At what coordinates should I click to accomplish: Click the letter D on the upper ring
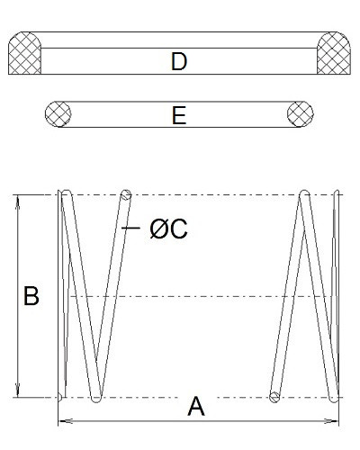(179, 61)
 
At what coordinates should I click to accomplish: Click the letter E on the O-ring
(179, 115)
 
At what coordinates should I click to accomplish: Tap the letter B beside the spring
(31, 296)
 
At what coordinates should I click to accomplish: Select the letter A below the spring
(196, 407)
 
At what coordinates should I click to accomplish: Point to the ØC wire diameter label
(168, 229)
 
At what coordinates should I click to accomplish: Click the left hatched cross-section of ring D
(24, 53)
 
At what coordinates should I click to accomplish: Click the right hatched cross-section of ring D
(334, 53)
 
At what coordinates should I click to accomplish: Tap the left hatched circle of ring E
(58, 114)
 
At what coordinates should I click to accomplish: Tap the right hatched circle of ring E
(301, 114)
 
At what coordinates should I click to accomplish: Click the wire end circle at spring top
(126, 195)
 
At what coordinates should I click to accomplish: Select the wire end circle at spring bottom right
(274, 397)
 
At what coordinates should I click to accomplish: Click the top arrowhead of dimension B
(18, 200)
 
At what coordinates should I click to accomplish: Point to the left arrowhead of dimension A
(64, 421)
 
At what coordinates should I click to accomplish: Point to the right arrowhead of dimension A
(332, 421)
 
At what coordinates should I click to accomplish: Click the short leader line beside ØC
(130, 228)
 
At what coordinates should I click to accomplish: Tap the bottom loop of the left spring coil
(96, 399)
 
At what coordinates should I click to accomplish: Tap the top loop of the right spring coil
(304, 193)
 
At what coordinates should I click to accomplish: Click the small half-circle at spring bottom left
(60, 397)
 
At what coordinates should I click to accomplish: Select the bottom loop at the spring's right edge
(334, 399)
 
